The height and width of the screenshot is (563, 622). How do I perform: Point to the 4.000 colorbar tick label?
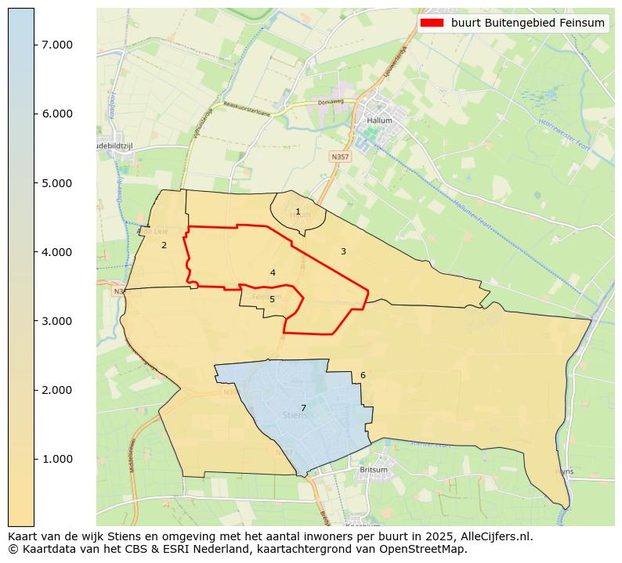56,252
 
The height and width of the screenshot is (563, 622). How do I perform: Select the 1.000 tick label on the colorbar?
56,459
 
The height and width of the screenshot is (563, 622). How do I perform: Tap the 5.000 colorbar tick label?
56,183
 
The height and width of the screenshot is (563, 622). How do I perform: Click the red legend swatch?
432,23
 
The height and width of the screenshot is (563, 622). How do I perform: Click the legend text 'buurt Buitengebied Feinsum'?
527,23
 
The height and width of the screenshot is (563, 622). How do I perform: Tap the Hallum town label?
380,121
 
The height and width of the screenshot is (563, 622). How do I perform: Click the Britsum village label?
373,470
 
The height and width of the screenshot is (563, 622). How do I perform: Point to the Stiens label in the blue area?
295,416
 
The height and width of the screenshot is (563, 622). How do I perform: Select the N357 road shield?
340,157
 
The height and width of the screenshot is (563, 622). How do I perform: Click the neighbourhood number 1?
298,211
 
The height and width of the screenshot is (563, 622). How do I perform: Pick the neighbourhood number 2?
164,245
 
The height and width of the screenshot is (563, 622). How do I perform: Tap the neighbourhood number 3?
343,251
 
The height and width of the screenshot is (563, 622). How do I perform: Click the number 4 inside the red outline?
273,272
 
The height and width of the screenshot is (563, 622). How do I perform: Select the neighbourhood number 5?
272,299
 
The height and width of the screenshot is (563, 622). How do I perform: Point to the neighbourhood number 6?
363,375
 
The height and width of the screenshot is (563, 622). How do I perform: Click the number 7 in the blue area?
303,408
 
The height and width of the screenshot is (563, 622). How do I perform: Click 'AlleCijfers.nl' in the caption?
495,537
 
